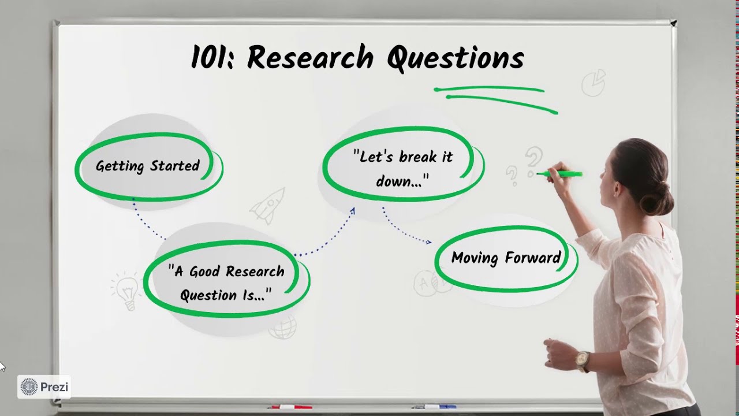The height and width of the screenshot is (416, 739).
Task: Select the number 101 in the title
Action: tap(211, 58)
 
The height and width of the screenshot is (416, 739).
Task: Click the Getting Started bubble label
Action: tap(148, 166)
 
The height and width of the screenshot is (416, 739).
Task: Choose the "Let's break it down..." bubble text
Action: tap(403, 168)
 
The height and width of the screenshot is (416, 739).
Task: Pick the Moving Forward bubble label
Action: tap(506, 258)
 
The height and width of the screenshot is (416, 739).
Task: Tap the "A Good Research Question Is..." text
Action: tap(226, 283)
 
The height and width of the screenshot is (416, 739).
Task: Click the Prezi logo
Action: tap(44, 387)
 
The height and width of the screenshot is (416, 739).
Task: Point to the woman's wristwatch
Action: tap(582, 361)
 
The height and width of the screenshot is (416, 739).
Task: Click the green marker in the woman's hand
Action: tap(563, 173)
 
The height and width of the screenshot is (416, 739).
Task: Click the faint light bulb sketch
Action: tap(126, 289)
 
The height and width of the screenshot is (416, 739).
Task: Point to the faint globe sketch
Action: tap(283, 328)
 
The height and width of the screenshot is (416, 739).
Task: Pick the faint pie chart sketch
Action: tap(594, 83)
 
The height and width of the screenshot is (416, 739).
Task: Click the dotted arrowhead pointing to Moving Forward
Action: tap(428, 242)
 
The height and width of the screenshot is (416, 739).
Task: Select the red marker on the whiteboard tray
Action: tap(288, 407)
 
